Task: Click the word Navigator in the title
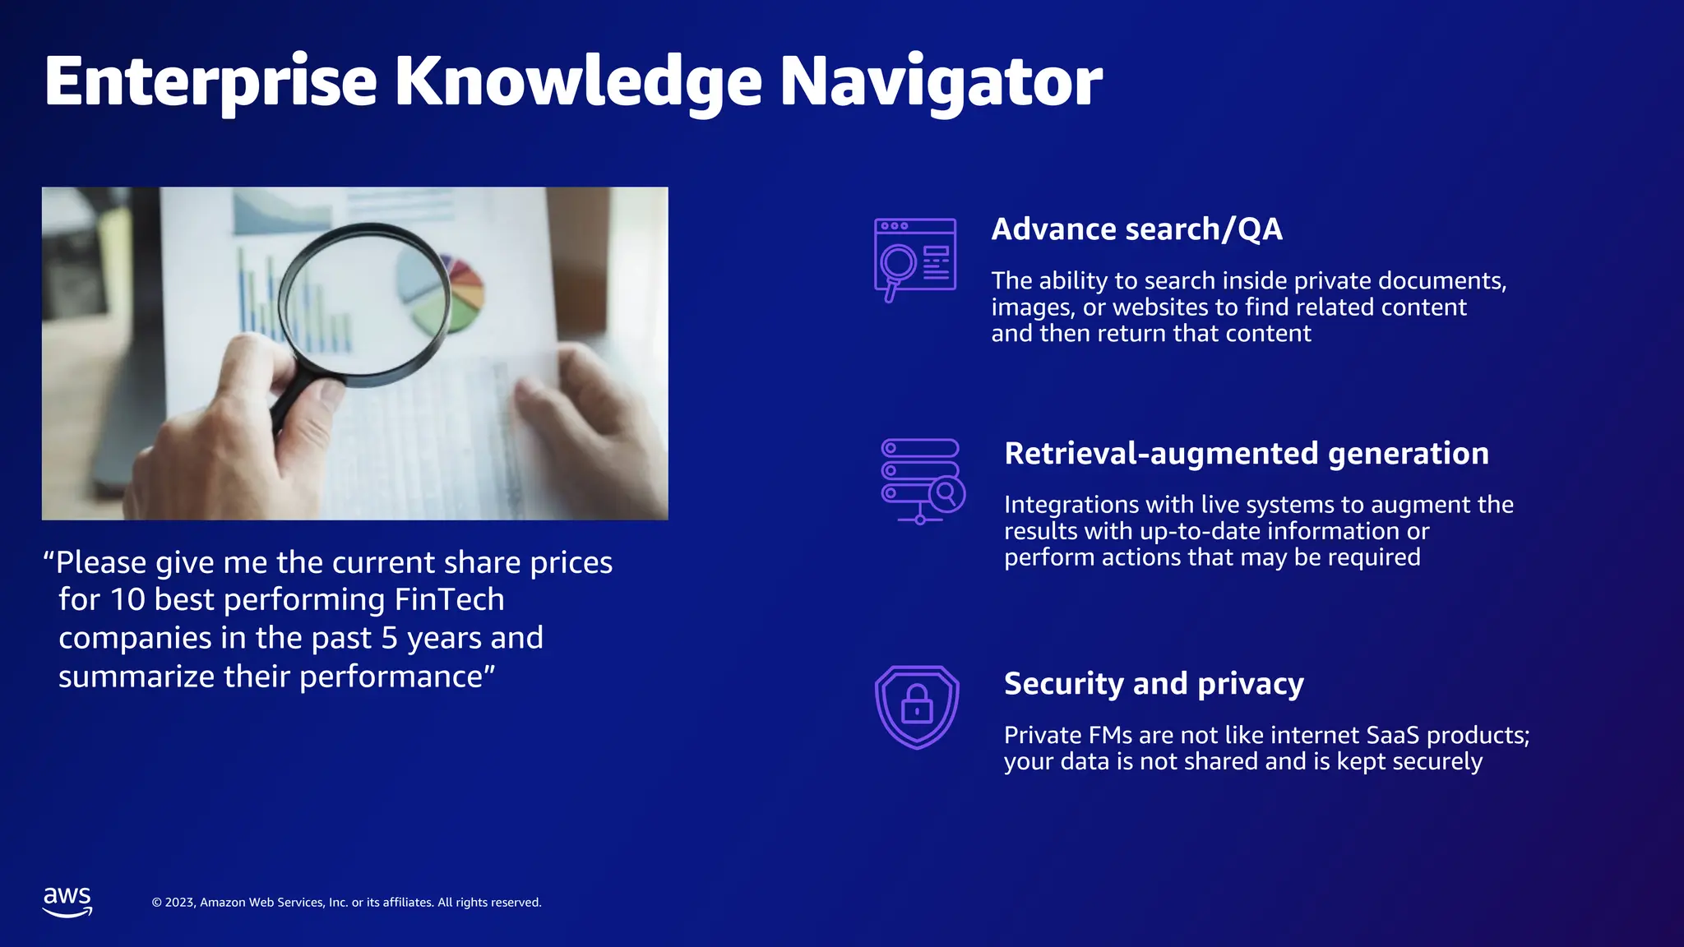tap(940, 81)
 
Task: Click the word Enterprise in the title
tap(210, 81)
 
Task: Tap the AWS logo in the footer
tap(67, 901)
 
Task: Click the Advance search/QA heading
tap(1136, 229)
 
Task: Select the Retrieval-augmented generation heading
tap(1246, 454)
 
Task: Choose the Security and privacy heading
tap(1154, 684)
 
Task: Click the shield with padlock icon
tap(917, 707)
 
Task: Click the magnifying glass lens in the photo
tap(364, 304)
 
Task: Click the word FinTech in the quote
tap(449, 600)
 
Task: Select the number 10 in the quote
tap(127, 600)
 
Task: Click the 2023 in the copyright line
tap(180, 903)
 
